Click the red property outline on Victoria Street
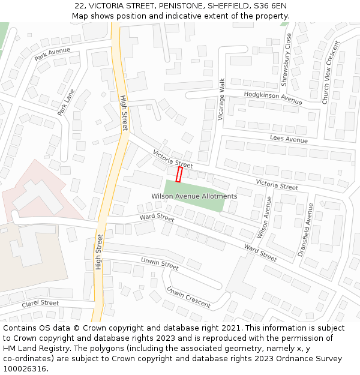179,174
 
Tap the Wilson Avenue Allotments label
194,196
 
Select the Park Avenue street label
52,54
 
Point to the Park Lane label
66,103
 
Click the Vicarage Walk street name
221,99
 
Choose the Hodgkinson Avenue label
273,98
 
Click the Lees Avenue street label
289,139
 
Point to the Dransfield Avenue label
305,230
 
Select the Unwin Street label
160,263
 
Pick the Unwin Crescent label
188,297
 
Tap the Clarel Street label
40,304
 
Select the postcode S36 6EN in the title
271,6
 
